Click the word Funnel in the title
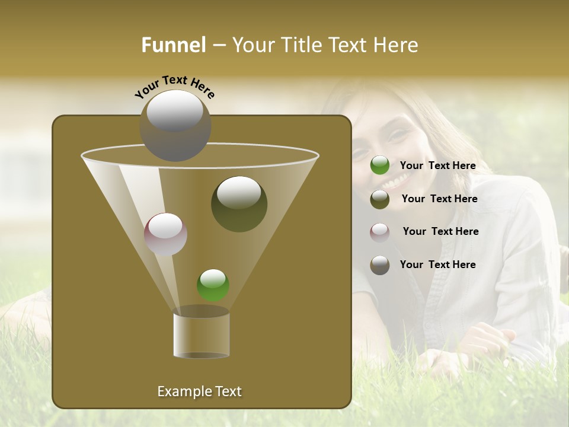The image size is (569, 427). coord(173,45)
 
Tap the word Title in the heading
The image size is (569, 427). coord(298,45)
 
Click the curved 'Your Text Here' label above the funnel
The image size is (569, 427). coord(175,86)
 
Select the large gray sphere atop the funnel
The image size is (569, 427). coord(175,125)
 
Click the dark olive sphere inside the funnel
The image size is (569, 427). coord(239,203)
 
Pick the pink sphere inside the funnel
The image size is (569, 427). coord(165,234)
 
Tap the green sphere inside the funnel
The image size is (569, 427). coord(213,285)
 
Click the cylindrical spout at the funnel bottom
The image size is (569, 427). coord(201,335)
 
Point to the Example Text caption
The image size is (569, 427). coord(199,391)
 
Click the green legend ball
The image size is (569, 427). coord(380,165)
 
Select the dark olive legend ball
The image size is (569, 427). coord(380,199)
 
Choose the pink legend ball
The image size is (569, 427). coord(380,232)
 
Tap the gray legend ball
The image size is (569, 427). coord(380,265)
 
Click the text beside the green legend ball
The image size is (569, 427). coord(437,166)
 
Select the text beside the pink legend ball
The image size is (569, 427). coord(440,232)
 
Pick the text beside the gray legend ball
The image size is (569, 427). coord(437,265)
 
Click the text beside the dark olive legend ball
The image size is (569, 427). coord(439,199)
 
